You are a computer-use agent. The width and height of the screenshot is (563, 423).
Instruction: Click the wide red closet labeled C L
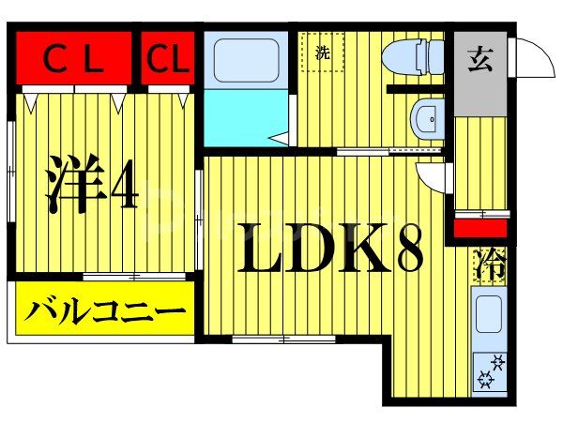[x=76, y=59]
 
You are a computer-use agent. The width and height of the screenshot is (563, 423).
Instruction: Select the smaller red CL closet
[x=169, y=59]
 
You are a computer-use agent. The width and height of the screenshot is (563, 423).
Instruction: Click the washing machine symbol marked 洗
[x=323, y=53]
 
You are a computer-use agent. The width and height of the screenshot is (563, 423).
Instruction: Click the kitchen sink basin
[x=488, y=314]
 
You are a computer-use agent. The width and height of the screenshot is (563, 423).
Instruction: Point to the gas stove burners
[x=491, y=370]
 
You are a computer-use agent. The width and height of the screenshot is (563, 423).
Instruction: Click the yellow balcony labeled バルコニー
[x=103, y=309]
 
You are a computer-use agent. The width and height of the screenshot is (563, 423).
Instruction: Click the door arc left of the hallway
[x=434, y=178]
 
